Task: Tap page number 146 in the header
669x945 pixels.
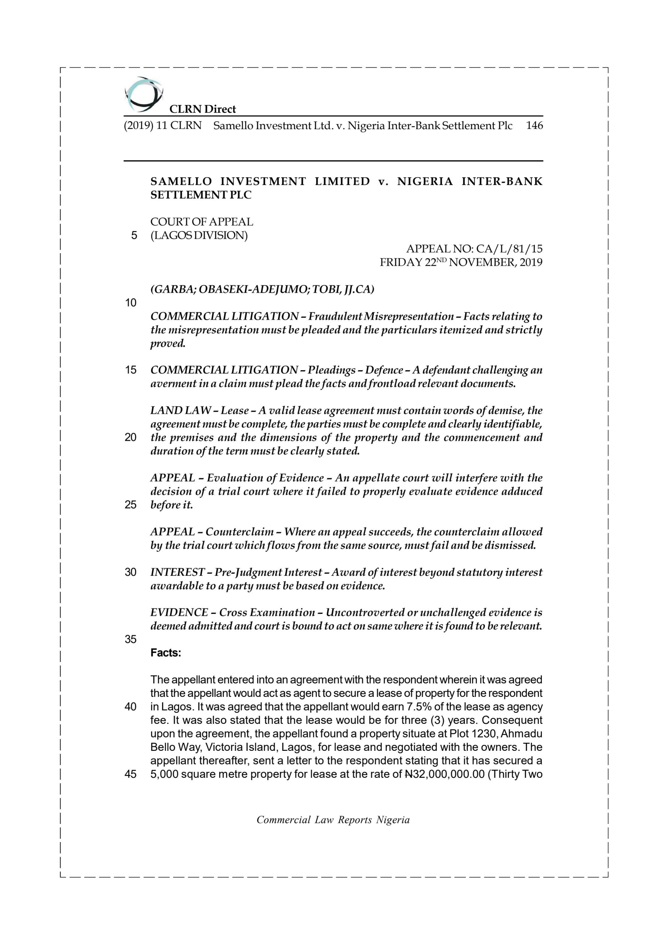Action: pos(534,126)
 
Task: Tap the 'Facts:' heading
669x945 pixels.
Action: pos(165,653)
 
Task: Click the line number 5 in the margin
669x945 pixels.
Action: pos(134,236)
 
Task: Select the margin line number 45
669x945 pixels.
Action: pos(130,774)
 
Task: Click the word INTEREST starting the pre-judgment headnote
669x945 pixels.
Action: pos(177,572)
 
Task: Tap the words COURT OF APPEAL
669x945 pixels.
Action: pos(201,222)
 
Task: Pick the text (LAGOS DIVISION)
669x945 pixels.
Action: pos(199,236)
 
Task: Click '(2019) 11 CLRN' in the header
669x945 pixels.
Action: pos(162,126)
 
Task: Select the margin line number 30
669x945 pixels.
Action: pos(130,572)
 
